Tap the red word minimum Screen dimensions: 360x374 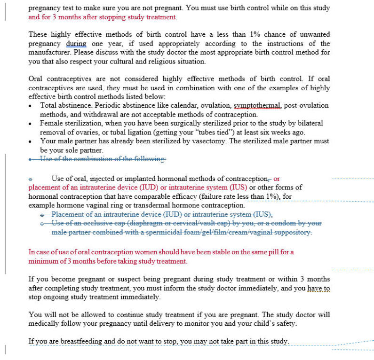43,261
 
